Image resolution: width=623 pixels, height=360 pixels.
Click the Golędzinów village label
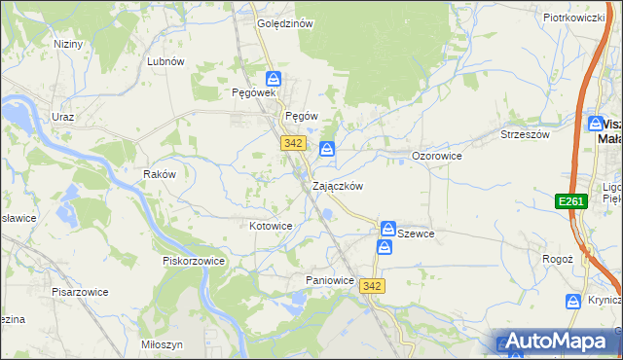284,24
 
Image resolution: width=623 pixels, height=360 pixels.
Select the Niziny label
68,44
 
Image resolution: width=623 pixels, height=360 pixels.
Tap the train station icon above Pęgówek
275,78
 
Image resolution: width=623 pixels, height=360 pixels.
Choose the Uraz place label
63,117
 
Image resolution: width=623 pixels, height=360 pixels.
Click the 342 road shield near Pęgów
293,143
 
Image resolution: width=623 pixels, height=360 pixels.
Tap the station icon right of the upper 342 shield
327,149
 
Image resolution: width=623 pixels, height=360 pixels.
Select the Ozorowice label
436,156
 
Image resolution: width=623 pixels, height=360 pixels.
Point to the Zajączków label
338,186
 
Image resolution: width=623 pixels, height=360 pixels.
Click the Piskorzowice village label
194,261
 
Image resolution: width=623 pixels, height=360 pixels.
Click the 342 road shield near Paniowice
370,286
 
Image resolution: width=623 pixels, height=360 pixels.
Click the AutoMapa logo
556,342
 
